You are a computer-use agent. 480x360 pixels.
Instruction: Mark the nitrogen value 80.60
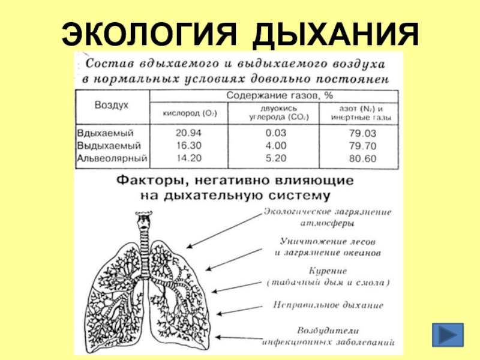[x=362, y=159]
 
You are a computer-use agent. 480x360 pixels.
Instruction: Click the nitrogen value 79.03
[x=362, y=133]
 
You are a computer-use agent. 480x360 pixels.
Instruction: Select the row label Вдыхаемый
[x=104, y=133]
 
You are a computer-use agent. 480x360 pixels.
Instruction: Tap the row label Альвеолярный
[x=112, y=159]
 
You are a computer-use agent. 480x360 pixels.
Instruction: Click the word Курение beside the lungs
[x=327, y=271]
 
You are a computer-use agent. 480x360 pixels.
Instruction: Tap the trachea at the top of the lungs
[x=143, y=231]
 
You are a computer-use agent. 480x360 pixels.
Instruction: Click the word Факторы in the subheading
[x=144, y=179]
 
